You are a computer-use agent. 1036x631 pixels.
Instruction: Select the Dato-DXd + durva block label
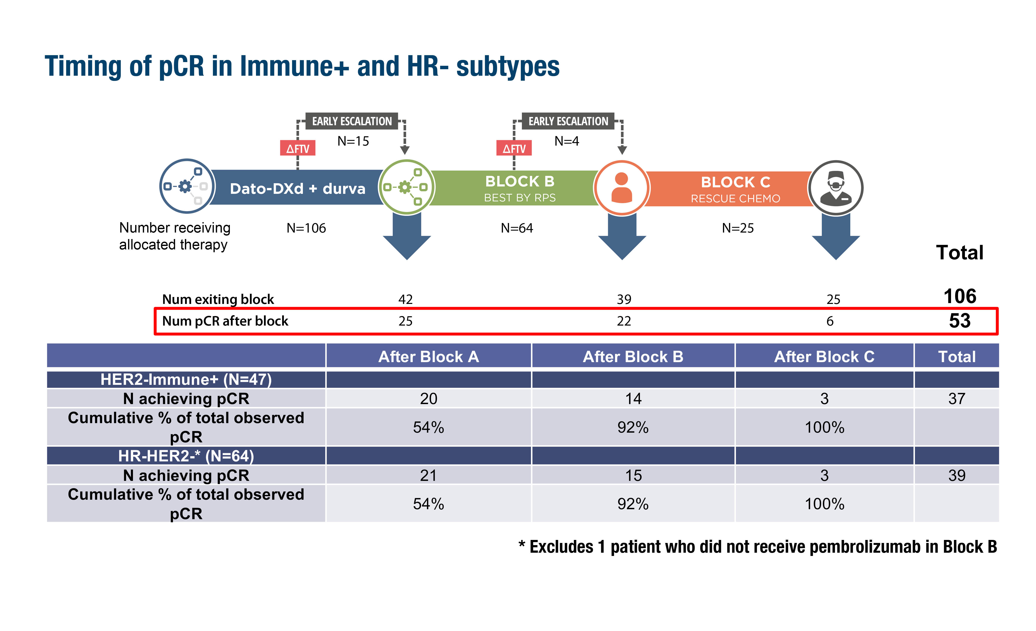297,188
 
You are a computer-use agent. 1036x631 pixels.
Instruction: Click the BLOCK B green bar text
520,182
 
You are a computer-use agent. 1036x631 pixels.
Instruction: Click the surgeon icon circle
835,188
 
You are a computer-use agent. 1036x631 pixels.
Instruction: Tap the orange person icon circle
621,188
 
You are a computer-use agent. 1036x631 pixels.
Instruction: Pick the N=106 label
306,228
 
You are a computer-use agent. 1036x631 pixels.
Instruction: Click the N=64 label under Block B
517,228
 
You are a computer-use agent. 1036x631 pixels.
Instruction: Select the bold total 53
959,321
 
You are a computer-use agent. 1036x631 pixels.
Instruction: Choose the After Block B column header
633,357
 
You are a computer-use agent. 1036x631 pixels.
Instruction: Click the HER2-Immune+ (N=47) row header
186,379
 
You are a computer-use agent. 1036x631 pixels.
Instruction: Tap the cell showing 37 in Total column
956,398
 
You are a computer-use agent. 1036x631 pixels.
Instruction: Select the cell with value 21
428,475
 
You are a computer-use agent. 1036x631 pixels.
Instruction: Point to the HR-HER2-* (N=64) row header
186,456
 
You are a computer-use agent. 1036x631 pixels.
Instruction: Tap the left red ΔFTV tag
298,148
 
